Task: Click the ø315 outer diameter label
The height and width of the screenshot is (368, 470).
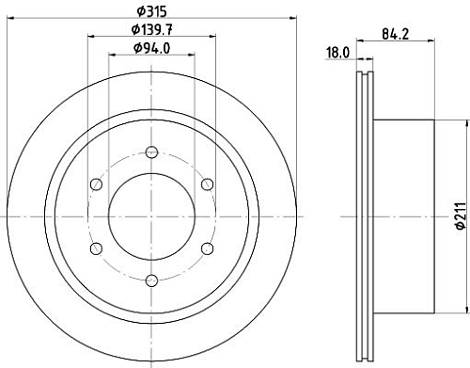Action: tap(151, 11)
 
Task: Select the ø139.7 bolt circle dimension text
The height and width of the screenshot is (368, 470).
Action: tap(151, 30)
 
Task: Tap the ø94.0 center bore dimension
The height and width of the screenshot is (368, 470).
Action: tap(151, 48)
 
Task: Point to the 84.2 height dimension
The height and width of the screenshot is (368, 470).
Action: tap(396, 34)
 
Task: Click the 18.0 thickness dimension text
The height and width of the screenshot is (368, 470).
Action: tap(337, 53)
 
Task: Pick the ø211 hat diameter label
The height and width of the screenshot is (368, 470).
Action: tap(462, 216)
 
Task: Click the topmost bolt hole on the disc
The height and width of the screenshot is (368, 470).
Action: tap(152, 152)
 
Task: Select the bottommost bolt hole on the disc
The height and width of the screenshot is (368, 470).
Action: tap(152, 280)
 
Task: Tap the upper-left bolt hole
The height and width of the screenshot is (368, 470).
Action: tap(96, 184)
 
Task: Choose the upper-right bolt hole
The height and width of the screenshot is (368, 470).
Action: tap(208, 184)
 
